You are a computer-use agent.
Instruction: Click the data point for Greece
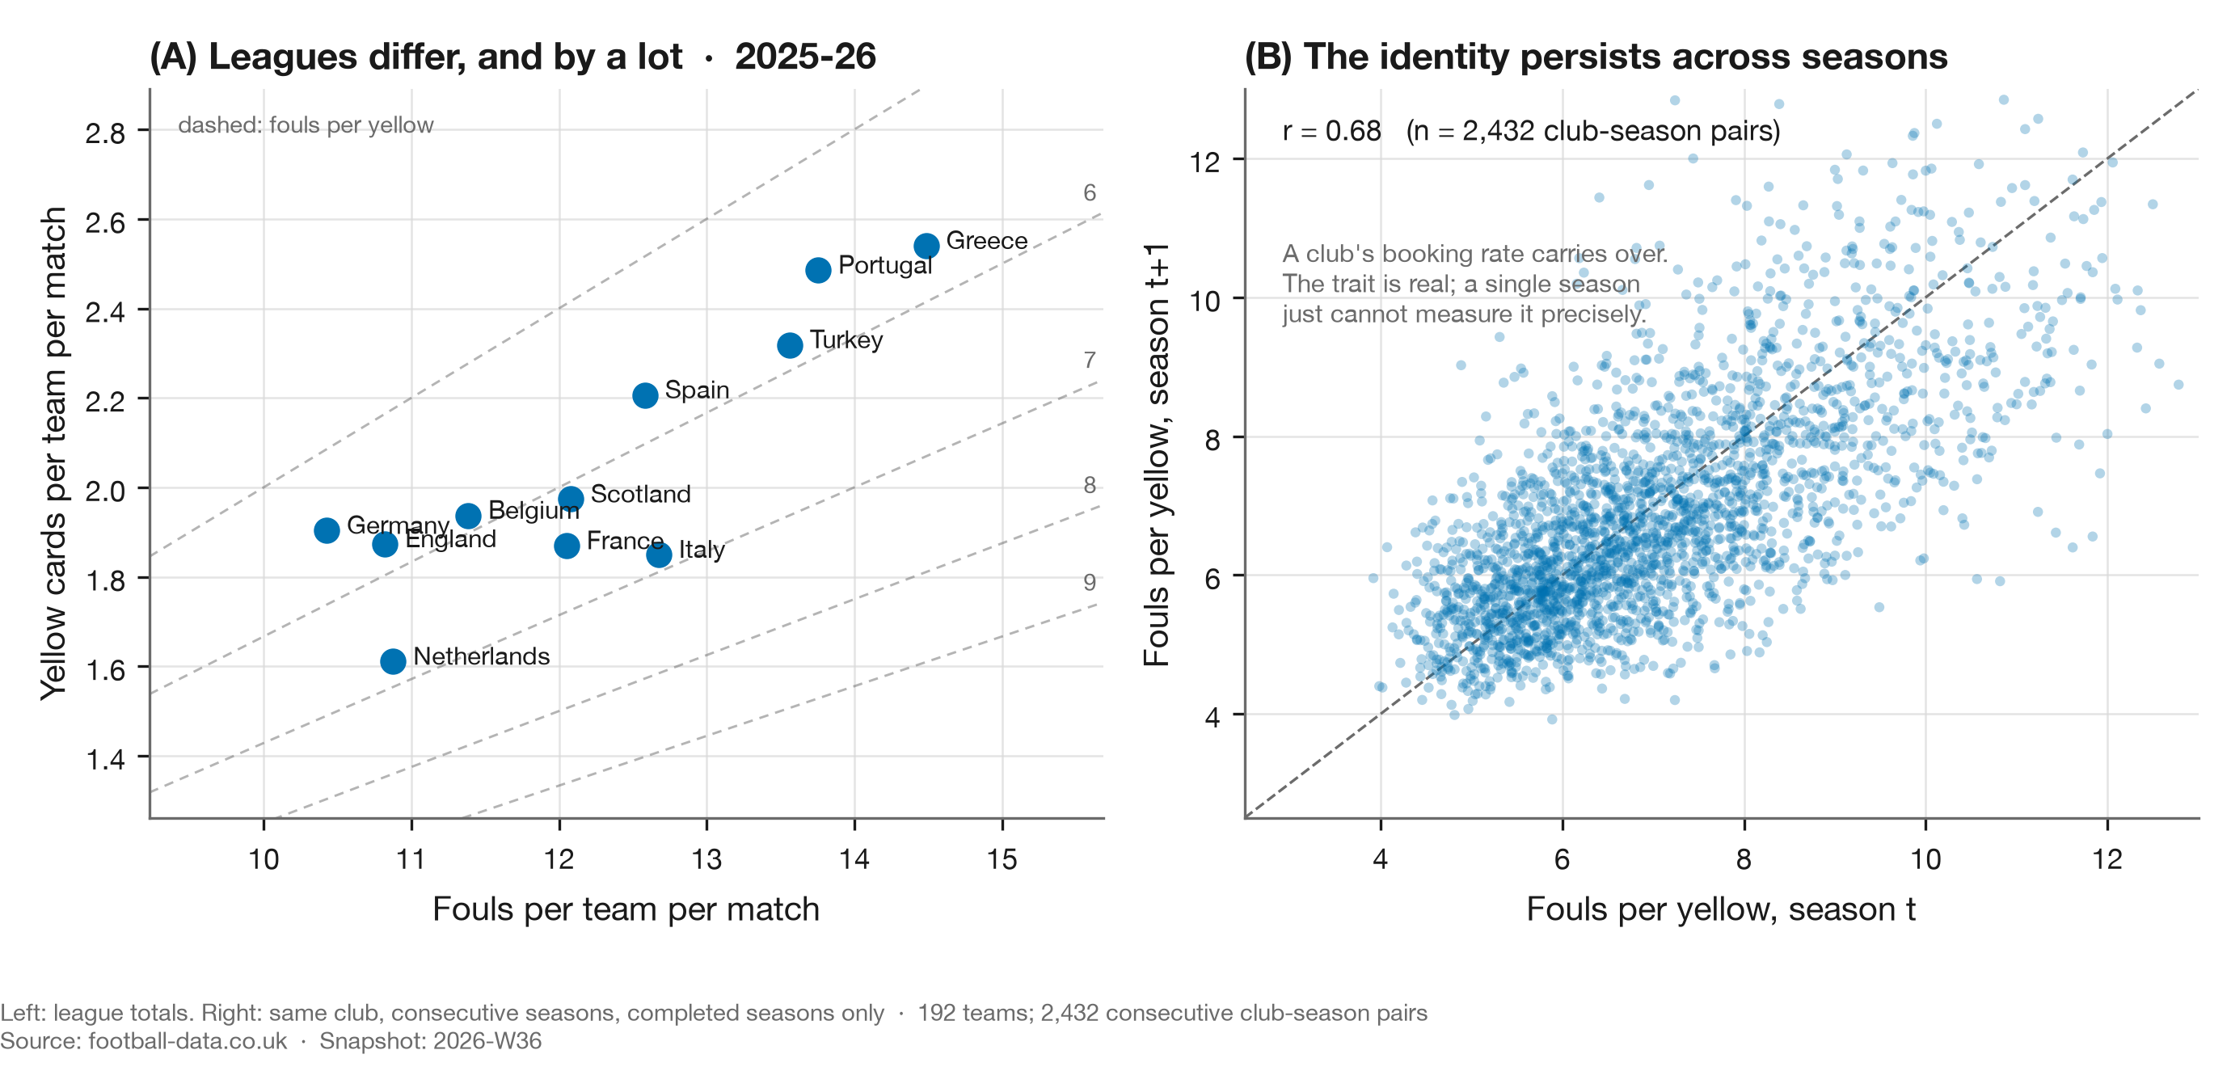(x=926, y=246)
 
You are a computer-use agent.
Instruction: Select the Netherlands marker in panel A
(x=392, y=661)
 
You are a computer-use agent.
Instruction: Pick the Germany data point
(x=327, y=530)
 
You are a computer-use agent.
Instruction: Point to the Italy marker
(x=658, y=555)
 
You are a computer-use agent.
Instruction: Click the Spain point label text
(x=696, y=390)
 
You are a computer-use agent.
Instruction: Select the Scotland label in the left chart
(x=640, y=494)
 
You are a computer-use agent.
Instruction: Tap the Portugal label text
(x=884, y=265)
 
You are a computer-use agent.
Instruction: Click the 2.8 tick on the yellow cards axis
(x=105, y=133)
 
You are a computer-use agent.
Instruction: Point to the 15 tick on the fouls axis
(x=1002, y=859)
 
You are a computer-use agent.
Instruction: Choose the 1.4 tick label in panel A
(x=105, y=759)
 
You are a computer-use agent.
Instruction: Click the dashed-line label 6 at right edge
(x=1090, y=192)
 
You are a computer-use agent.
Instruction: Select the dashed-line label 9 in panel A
(x=1090, y=582)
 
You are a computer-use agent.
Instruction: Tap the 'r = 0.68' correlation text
(x=1331, y=131)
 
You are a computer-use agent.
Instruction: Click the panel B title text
(x=1596, y=57)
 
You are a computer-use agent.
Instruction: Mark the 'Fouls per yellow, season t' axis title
(x=1720, y=909)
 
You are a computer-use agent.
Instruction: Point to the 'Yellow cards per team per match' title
(x=53, y=453)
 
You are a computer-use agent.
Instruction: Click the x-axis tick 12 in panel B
(x=2107, y=859)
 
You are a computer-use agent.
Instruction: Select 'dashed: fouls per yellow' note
(x=305, y=125)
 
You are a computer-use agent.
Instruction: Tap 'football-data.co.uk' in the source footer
(x=187, y=1040)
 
